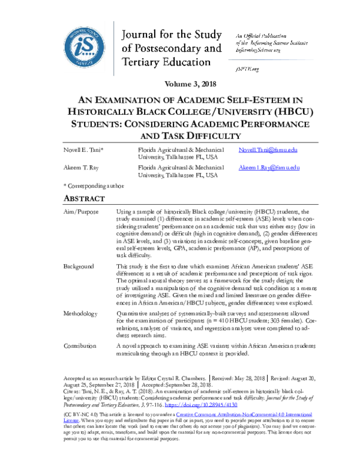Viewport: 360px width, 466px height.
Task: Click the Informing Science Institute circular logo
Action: [88, 44]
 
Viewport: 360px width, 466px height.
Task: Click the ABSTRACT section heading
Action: [85, 199]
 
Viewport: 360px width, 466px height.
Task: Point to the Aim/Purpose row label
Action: [80, 213]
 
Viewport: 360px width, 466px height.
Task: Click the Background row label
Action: [79, 266]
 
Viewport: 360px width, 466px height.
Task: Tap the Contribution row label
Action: [80, 346]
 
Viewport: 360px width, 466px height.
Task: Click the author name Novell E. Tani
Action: [84, 150]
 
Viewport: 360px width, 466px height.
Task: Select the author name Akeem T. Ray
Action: [82, 168]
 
